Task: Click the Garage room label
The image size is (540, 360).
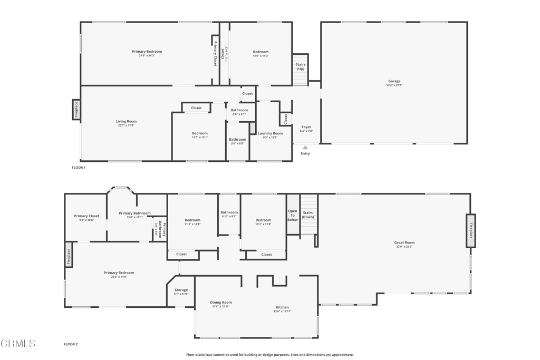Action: pos(394,81)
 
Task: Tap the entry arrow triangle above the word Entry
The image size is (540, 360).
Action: pos(305,148)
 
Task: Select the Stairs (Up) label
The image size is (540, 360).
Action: pos(300,66)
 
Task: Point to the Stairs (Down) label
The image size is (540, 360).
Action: pos(308,215)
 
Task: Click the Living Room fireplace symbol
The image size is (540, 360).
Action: pos(76,110)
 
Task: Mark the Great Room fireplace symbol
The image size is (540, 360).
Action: pos(471,231)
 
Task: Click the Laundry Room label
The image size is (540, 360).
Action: pos(270,133)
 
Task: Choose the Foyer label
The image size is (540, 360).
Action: pos(306,127)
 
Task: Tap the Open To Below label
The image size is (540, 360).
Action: pos(293,215)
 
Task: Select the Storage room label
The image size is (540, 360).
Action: pos(181,290)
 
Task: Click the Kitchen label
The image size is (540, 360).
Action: pos(282,307)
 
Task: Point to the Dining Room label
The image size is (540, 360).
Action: pos(221,303)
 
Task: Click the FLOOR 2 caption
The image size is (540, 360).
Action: pos(71,344)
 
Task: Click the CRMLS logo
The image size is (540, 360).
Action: pos(18,344)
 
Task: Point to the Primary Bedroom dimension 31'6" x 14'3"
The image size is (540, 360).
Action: pos(147,55)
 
